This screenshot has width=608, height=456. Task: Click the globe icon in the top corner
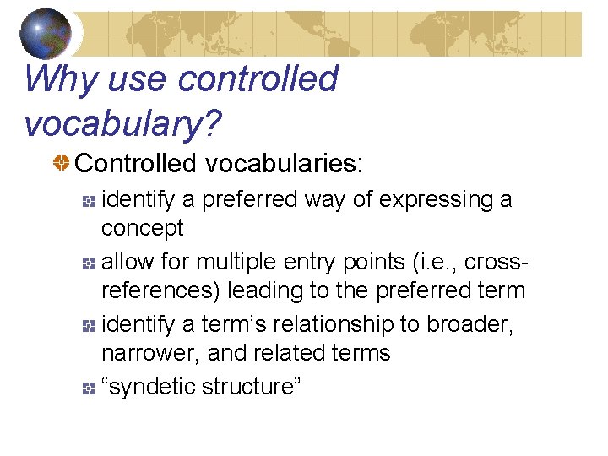tap(45, 32)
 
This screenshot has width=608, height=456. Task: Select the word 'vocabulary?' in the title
tap(123, 123)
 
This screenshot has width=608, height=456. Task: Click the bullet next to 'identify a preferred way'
tap(88, 201)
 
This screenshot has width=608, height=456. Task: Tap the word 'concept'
tap(142, 228)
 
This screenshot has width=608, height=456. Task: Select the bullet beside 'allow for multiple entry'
tap(88, 263)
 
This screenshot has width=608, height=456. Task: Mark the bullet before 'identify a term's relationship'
tap(88, 326)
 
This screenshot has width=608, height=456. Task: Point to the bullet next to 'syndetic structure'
tap(88, 388)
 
